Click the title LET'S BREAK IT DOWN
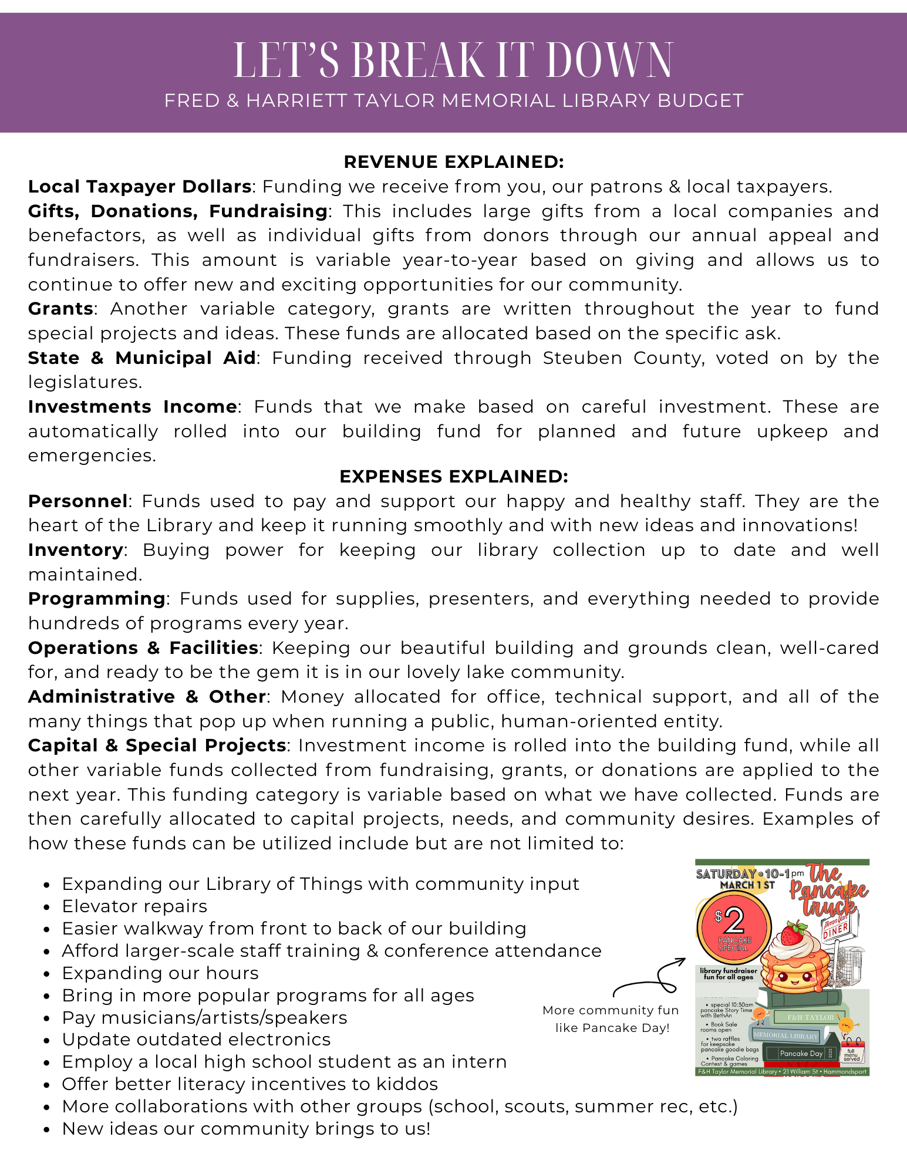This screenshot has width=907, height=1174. coord(453,60)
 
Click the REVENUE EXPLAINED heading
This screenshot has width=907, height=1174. coord(453,162)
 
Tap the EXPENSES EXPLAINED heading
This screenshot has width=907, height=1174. coord(453,477)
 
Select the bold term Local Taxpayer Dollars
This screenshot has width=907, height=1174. coord(140,187)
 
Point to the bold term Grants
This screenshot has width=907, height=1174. coord(60,309)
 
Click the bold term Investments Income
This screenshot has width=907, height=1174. coord(132,407)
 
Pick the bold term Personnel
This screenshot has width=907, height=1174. coord(77,501)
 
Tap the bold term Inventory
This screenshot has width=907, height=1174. coord(76,550)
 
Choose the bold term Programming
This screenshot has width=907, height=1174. coord(97,599)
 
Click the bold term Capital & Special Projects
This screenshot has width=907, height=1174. coord(157,745)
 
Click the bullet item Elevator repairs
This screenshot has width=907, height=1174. coord(134,906)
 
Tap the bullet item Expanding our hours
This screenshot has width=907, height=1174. coord(160,973)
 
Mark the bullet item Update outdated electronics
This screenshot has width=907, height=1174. coord(196,1040)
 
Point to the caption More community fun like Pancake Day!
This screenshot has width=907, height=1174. coord(611,1018)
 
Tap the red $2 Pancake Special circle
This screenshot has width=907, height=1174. coord(734,925)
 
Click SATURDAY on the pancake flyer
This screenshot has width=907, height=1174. coord(726,874)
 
